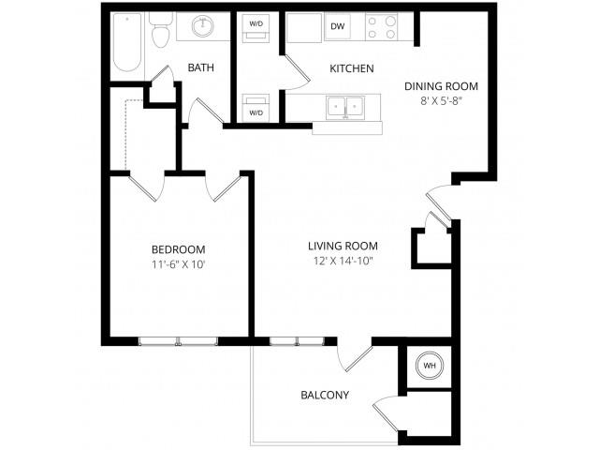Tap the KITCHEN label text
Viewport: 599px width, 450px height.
352,68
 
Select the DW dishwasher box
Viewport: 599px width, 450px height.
337,27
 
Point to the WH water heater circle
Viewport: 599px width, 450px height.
429,365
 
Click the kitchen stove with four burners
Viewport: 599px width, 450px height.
382,28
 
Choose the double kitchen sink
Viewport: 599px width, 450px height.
345,108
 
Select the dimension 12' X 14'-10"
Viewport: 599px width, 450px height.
343,263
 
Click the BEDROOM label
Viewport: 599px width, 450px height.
178,248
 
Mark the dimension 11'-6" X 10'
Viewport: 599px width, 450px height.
178,265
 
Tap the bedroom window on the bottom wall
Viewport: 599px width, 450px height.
178,340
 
